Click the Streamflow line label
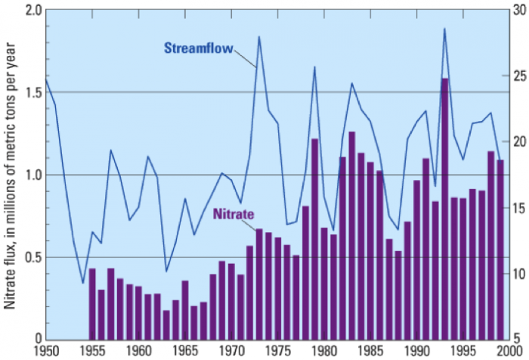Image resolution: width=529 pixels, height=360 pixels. pos(199,48)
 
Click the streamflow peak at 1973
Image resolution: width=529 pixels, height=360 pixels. pos(259,37)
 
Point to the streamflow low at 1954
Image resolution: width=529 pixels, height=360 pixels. pos(83,284)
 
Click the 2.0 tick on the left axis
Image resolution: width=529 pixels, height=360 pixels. pos(32,11)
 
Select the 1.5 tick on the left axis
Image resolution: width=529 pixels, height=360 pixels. pos(32,92)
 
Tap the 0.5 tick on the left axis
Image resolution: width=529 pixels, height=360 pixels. pos(32,257)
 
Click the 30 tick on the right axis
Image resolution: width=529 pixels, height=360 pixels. pos(519,11)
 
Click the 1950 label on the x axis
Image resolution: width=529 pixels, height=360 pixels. pos(46,351)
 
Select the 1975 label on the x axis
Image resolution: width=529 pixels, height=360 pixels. pos(278,351)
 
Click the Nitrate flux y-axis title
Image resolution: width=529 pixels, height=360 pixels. pos(11,173)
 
